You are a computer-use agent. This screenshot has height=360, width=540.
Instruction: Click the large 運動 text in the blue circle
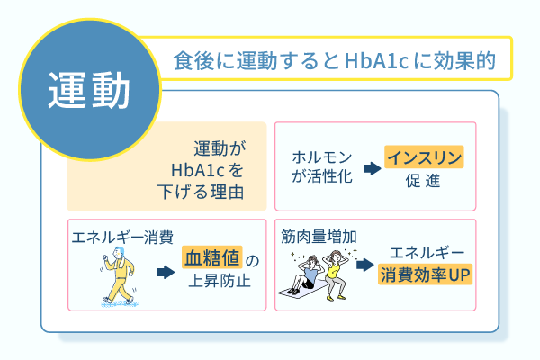pos(88,90)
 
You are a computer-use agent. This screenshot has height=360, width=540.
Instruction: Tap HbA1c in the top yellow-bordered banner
pos(376,60)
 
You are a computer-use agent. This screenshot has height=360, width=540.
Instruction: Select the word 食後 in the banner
pos(193,60)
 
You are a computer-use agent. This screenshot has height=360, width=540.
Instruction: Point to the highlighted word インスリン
pos(424,157)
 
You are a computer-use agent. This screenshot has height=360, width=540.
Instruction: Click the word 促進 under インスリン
pos(423,181)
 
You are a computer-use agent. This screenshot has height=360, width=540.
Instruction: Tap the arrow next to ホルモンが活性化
pos(372,168)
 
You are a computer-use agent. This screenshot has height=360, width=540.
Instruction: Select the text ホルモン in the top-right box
pos(321,157)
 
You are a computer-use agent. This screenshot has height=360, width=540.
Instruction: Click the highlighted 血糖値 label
pos(212,257)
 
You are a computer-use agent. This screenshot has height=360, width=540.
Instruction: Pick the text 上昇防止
pos(220,281)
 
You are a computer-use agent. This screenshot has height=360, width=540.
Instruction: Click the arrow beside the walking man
pos(166,272)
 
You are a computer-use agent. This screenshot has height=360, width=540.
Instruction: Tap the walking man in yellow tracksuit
pos(118,274)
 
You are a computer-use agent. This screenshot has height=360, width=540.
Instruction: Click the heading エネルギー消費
pos(122,238)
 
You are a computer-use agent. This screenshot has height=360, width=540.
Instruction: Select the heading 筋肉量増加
pos(319,237)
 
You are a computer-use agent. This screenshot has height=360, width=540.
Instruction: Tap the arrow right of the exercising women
pos(365,265)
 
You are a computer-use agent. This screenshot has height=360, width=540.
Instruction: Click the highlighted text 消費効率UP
pos(425,274)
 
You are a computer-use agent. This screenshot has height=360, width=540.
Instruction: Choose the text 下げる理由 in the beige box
pos(201,192)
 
